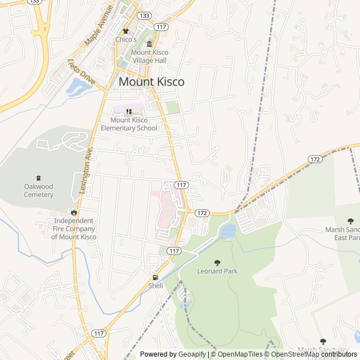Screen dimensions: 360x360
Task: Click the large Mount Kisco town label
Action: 151,82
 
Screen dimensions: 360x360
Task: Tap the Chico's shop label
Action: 126,39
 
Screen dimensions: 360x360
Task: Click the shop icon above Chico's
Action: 126,31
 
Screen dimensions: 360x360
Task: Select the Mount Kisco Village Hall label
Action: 150,56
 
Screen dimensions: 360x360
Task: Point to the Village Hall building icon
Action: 149,44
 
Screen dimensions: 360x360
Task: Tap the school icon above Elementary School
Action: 128,112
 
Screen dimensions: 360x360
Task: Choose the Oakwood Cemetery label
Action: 38,191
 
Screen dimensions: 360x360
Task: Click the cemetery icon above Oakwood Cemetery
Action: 38,178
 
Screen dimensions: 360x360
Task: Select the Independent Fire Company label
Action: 74,229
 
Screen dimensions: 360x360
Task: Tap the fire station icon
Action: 74,212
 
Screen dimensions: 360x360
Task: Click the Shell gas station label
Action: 155,286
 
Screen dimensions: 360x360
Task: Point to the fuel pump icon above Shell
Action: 155,277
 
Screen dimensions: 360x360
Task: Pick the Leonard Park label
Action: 217,271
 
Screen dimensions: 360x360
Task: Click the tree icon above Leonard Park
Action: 217,263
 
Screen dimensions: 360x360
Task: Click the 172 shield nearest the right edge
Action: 315,160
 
